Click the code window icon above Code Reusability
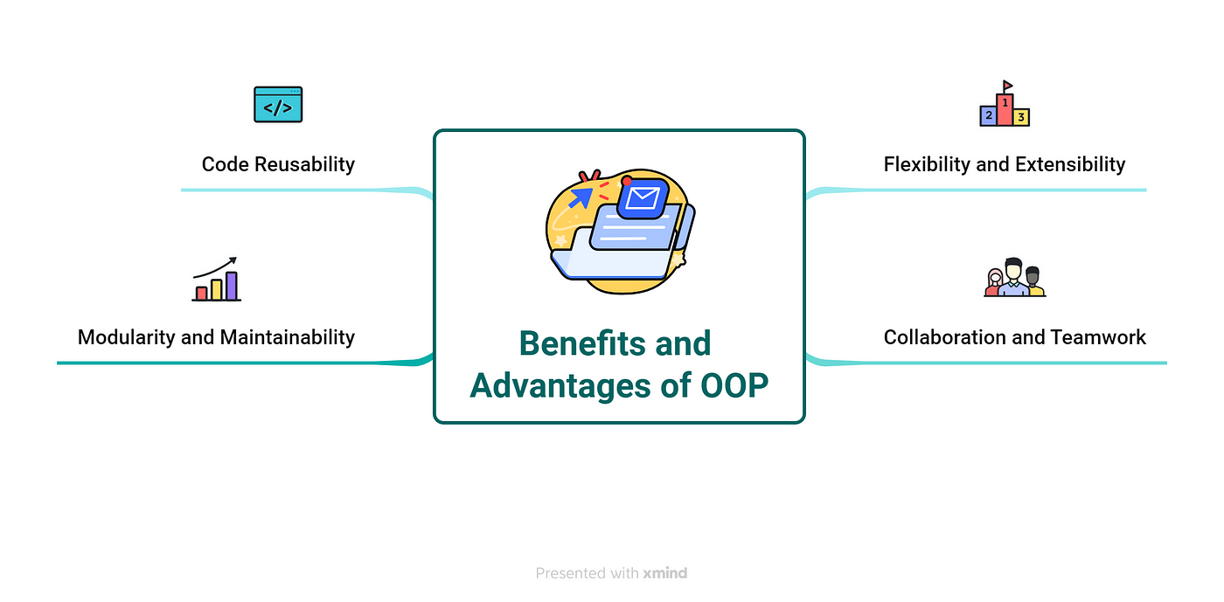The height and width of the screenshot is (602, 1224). click(x=278, y=104)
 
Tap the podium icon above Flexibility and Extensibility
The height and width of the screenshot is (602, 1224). click(x=1005, y=104)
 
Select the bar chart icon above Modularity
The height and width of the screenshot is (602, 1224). click(x=217, y=279)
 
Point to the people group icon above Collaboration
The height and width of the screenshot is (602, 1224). click(x=1015, y=278)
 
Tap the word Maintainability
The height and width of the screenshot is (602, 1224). click(x=286, y=337)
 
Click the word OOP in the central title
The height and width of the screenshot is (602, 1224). click(x=734, y=385)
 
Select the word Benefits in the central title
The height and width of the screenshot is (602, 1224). click(x=584, y=343)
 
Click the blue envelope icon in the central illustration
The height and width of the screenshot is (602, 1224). click(x=643, y=197)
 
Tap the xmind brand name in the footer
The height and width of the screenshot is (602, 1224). click(x=665, y=573)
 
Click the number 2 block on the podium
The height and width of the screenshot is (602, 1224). click(x=989, y=115)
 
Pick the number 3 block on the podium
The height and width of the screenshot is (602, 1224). click(x=1021, y=117)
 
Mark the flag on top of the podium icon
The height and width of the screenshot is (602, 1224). click(x=1007, y=86)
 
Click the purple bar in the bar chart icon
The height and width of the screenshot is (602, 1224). click(x=232, y=286)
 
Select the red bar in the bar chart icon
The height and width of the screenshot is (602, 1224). click(x=202, y=294)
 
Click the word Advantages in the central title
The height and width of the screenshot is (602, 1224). click(x=560, y=385)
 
